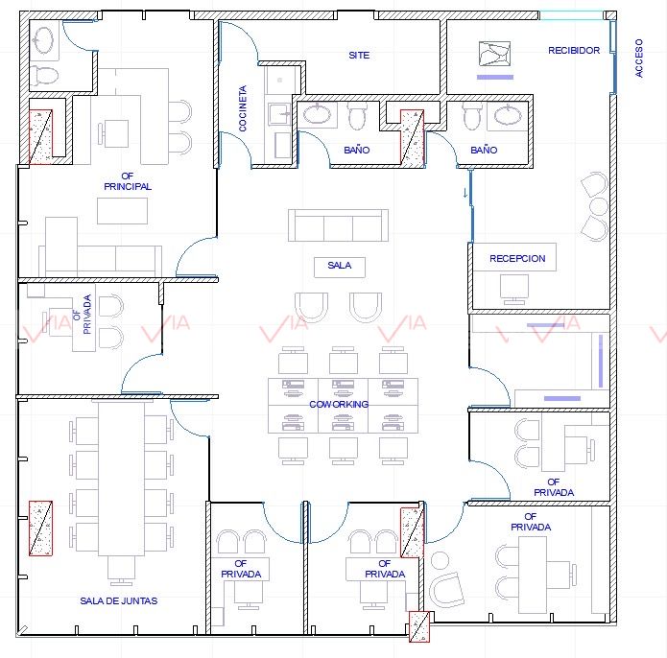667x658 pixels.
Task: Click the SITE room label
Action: tap(359, 56)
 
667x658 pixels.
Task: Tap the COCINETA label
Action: tap(243, 108)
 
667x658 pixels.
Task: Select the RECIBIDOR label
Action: tap(574, 50)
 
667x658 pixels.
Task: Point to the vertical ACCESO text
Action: tap(639, 59)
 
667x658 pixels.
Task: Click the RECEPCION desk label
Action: tap(517, 258)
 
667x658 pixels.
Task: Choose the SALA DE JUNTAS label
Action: tap(119, 600)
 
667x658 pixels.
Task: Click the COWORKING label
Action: tap(339, 404)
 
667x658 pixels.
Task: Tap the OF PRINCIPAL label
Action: tap(128, 181)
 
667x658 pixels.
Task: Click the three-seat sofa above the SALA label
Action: tap(338, 225)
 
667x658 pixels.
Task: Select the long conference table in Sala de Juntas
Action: tap(121, 478)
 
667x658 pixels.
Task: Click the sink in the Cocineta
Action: tap(279, 113)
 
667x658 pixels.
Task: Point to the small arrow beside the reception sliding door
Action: tap(465, 193)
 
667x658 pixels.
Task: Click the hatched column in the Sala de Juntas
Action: tap(40, 529)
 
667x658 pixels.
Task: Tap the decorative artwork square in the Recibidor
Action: tap(494, 54)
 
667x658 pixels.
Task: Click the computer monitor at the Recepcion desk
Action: tap(514, 289)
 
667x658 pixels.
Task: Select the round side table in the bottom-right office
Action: tap(440, 561)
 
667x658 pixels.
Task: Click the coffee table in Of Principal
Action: tap(122, 211)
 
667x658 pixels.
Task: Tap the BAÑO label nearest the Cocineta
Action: tap(356, 150)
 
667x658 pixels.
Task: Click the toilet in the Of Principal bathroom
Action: tap(45, 75)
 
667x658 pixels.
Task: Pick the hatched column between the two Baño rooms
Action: tap(412, 138)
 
